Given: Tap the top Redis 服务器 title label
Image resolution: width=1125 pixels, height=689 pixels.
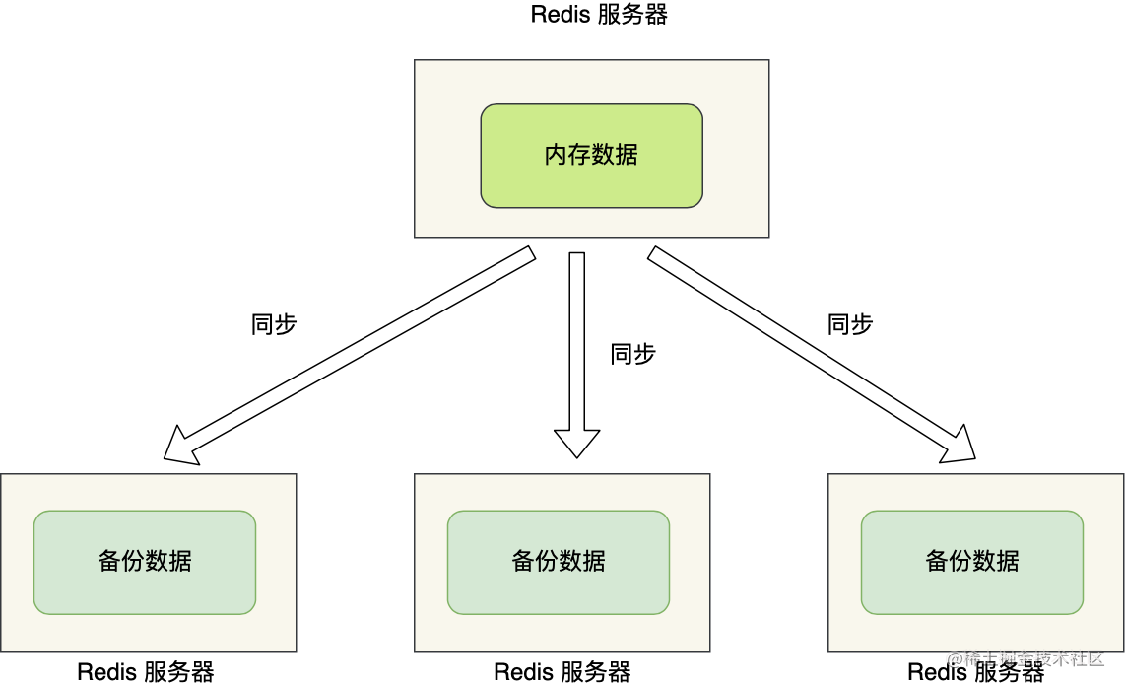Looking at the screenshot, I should pyautogui.click(x=599, y=15).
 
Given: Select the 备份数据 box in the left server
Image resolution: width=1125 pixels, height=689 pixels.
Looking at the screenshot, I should pyautogui.click(x=145, y=562).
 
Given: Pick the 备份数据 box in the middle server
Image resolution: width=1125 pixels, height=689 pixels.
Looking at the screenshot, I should pyautogui.click(x=559, y=562).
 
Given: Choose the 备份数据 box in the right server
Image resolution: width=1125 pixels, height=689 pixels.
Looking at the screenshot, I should pyautogui.click(x=972, y=562).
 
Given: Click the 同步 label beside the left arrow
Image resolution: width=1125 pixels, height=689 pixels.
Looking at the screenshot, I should pyautogui.click(x=275, y=324).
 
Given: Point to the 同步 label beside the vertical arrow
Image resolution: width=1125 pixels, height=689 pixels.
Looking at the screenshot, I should pyautogui.click(x=632, y=355).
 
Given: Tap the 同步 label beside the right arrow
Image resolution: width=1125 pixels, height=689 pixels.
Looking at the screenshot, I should pyautogui.click(x=850, y=324).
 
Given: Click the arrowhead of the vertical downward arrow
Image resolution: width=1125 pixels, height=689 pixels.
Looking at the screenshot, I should pyautogui.click(x=576, y=443).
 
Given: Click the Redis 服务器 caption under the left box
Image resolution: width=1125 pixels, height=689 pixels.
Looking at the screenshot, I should pyautogui.click(x=146, y=673).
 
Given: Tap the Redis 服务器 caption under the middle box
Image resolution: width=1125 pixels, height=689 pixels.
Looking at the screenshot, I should pyautogui.click(x=562, y=673).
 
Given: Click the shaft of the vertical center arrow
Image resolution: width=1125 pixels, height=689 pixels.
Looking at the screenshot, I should pyautogui.click(x=576, y=335).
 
